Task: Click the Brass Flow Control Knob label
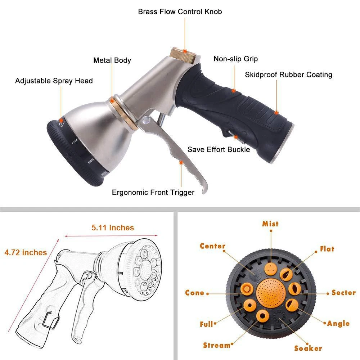click(180, 12)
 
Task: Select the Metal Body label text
click(112, 60)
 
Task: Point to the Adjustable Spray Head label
click(54, 81)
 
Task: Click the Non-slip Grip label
click(235, 59)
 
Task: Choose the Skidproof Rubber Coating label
click(288, 75)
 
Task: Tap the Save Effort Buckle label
click(219, 149)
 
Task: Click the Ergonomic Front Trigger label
click(153, 192)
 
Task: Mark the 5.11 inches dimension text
click(113, 228)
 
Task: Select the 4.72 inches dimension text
click(26, 252)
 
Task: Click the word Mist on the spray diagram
click(270, 224)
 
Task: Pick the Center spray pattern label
click(212, 247)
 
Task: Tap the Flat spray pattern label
click(327, 249)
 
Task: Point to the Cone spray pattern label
click(194, 293)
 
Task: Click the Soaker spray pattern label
click(308, 348)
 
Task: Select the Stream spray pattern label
click(216, 345)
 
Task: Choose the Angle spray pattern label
click(338, 323)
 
